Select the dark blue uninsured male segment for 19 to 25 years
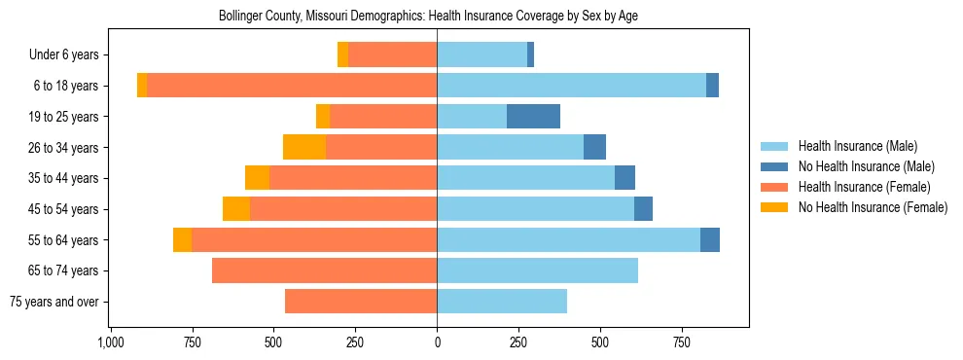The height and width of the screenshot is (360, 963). (x=533, y=117)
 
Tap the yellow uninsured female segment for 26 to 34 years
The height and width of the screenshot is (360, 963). (x=304, y=147)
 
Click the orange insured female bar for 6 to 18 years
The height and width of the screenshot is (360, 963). (x=292, y=86)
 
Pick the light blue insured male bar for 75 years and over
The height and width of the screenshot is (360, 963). (x=502, y=302)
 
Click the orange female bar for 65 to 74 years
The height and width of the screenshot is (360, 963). (x=324, y=270)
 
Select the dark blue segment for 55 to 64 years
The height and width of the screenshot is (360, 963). (x=710, y=239)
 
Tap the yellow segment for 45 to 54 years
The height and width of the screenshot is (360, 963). (x=236, y=209)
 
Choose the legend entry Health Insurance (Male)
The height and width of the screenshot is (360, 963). (x=857, y=146)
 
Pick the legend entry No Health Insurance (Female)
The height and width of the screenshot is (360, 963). (x=873, y=207)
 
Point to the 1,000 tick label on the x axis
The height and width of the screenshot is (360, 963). (x=110, y=342)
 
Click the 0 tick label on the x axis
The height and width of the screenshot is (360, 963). (x=437, y=342)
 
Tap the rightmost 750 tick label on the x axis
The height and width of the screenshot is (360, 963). (x=682, y=342)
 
